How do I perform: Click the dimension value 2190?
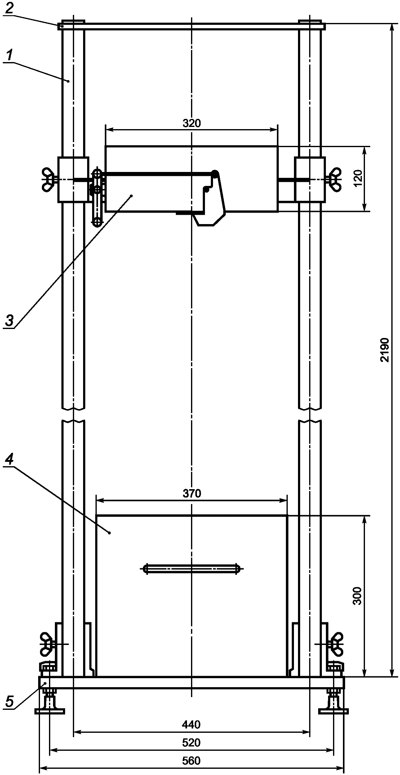tap(385, 350)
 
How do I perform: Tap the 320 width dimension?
tap(192, 124)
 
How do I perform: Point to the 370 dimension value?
tap(192, 493)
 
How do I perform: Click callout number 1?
tap(10, 56)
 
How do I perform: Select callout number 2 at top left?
tap(9, 8)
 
